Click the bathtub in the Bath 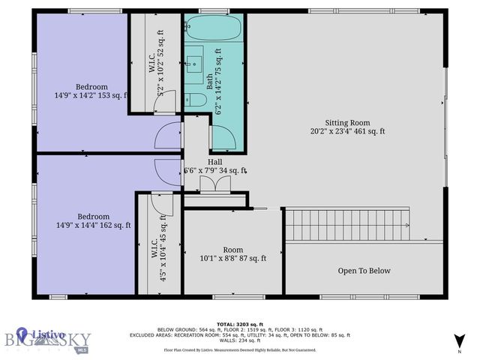point(213,29)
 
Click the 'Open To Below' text point(364,271)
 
